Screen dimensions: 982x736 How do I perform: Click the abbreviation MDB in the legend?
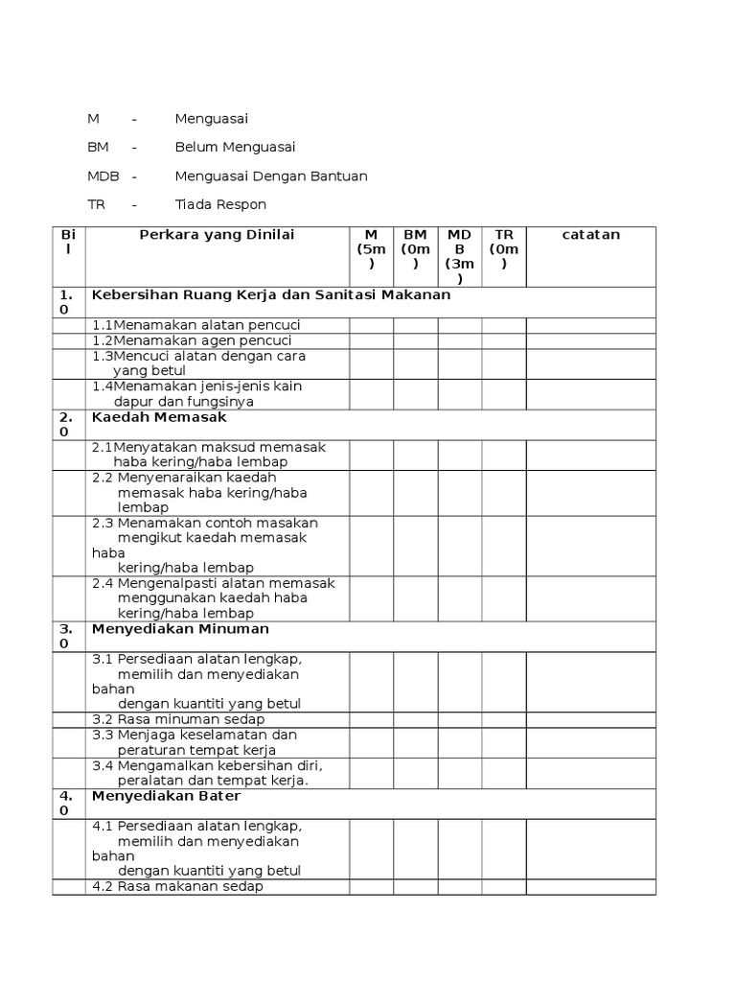click(103, 176)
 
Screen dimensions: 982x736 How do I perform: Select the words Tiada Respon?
click(220, 204)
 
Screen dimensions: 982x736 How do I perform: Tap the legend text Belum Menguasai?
click(235, 148)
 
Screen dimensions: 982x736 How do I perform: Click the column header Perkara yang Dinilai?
click(218, 235)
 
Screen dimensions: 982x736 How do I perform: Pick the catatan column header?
click(590, 235)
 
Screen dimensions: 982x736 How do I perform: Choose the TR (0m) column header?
click(504, 249)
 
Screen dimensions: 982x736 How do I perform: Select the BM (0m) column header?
click(415, 249)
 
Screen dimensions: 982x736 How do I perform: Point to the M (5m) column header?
click(371, 249)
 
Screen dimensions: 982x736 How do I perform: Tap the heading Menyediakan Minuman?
click(180, 629)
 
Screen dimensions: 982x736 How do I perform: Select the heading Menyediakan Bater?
click(166, 796)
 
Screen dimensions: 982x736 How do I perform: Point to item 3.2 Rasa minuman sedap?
click(178, 719)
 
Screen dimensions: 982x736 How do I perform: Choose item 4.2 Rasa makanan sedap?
click(177, 887)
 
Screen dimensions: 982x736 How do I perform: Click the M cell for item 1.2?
click(371, 340)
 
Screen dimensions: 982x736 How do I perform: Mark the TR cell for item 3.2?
click(504, 719)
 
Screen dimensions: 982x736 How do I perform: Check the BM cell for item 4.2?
click(415, 887)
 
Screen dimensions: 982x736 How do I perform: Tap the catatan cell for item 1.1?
click(590, 325)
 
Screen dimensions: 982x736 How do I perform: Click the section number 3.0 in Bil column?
click(66, 637)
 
